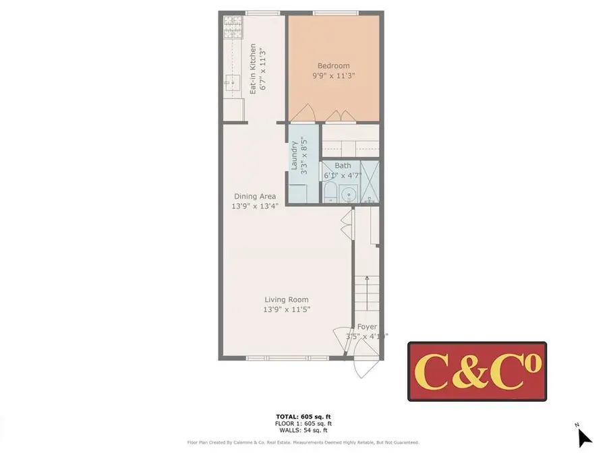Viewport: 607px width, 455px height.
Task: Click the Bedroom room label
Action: point(333,65)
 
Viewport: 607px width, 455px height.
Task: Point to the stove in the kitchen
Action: point(232,28)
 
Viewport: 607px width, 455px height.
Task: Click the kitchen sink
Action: point(232,83)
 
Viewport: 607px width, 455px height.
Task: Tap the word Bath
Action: point(343,165)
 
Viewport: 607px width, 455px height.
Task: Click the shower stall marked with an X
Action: point(370,181)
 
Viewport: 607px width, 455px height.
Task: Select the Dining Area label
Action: point(255,196)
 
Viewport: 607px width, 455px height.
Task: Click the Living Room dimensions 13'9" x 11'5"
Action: point(287,310)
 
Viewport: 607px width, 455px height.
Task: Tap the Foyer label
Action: point(367,327)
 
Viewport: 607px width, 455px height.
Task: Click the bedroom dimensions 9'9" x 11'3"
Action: point(333,76)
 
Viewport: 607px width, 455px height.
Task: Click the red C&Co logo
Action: point(477,371)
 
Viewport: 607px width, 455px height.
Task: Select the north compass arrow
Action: point(584,437)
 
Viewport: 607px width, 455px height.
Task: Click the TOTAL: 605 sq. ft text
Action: point(303,417)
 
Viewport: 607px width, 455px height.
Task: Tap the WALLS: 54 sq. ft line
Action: point(303,430)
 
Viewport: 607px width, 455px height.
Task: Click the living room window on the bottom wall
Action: point(287,358)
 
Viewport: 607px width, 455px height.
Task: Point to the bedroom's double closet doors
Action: point(341,116)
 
